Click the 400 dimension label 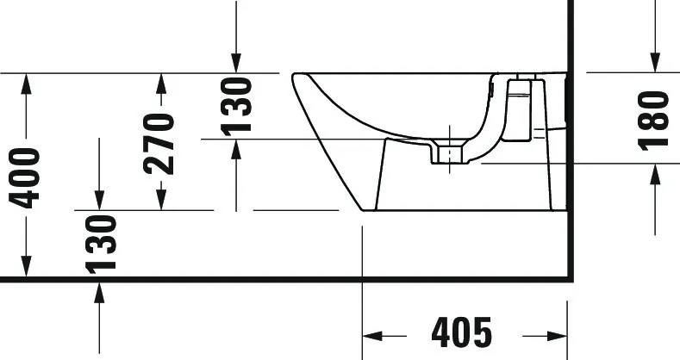[26, 177]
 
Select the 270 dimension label [160, 143]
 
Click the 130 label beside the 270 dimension [235, 106]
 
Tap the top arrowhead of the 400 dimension [27, 84]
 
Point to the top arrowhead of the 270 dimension [160, 84]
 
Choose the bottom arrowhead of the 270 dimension [160, 200]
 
